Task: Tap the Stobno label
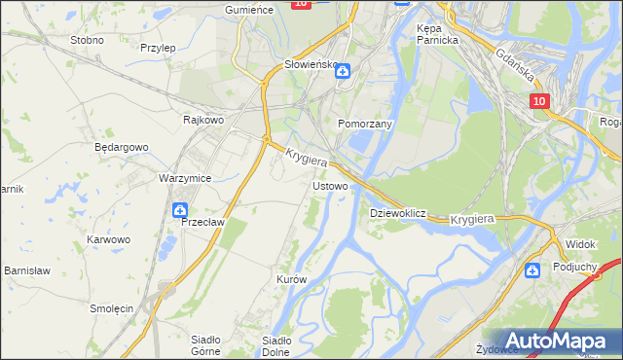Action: tap(88, 41)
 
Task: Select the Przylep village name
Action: tap(157, 47)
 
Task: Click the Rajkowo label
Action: tap(204, 120)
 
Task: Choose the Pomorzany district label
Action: tap(364, 125)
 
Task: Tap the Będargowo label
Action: tap(121, 147)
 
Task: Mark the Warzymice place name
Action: tap(185, 179)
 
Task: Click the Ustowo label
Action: tap(329, 185)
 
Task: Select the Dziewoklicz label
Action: tap(399, 213)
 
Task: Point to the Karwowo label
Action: tap(108, 239)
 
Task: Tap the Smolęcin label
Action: tap(111, 308)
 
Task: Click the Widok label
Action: tap(580, 243)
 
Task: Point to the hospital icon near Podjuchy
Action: tap(533, 270)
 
